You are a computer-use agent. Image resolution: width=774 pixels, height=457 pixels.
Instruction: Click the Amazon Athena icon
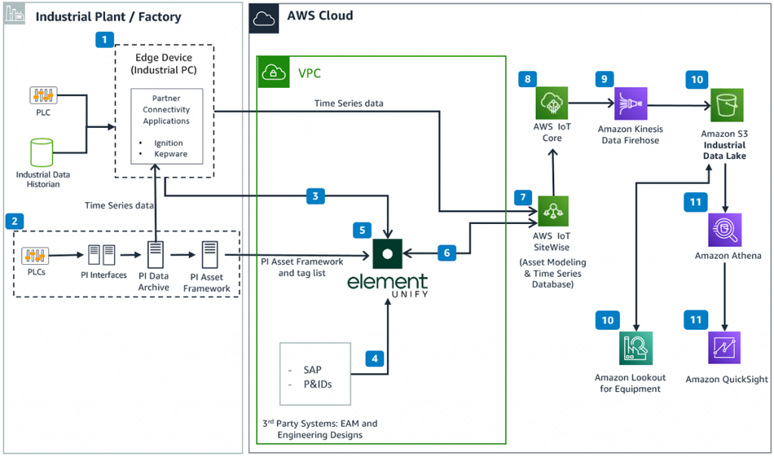[x=725, y=230]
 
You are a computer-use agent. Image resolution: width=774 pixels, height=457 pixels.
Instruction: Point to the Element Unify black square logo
[x=387, y=253]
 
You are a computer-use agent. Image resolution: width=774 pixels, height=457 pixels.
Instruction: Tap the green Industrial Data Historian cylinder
[x=43, y=153]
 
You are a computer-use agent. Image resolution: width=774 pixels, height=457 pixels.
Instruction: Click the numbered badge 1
[x=104, y=39]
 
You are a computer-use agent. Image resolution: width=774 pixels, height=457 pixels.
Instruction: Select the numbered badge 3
[x=316, y=197]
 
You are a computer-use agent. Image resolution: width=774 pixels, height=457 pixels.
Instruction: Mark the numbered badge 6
[x=447, y=253]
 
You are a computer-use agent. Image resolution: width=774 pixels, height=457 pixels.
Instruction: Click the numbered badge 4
[x=375, y=358]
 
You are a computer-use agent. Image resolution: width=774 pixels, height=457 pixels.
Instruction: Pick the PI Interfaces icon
[x=104, y=253]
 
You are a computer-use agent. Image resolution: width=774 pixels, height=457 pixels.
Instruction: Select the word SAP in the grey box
[x=311, y=369]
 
